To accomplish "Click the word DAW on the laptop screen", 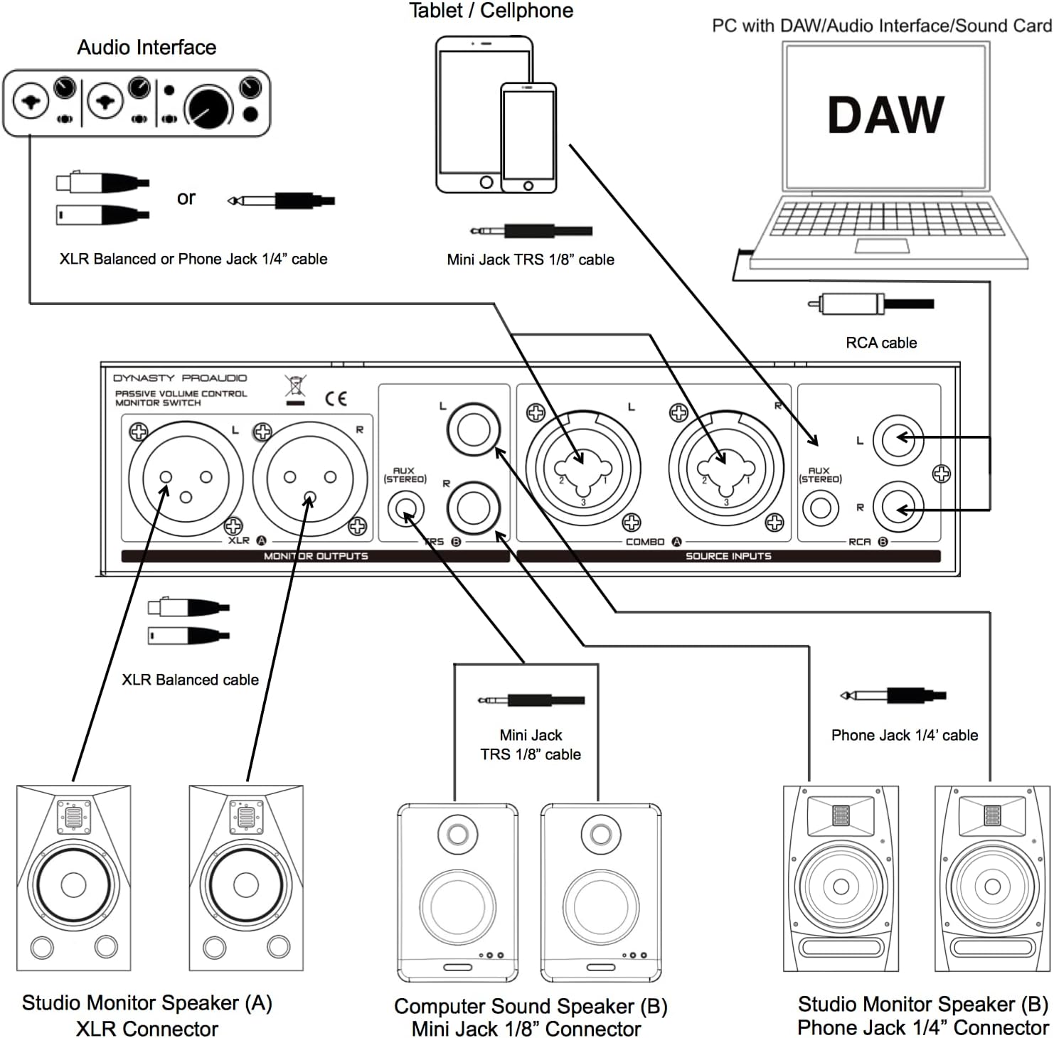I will (885, 115).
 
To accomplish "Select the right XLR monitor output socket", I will (309, 477).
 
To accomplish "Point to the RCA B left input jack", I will (898, 439).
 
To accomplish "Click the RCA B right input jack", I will (898, 508).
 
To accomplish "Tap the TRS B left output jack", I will (474, 429).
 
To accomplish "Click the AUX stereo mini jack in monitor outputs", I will (406, 509).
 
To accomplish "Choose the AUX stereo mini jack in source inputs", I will (820, 509).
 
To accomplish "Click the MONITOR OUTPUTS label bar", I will (316, 556).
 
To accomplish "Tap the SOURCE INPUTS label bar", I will (728, 556).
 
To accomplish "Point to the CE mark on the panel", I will (336, 398).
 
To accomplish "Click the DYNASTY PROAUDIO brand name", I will (180, 378).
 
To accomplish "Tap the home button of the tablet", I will (486, 182).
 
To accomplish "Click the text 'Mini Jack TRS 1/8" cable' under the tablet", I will (531, 260).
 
